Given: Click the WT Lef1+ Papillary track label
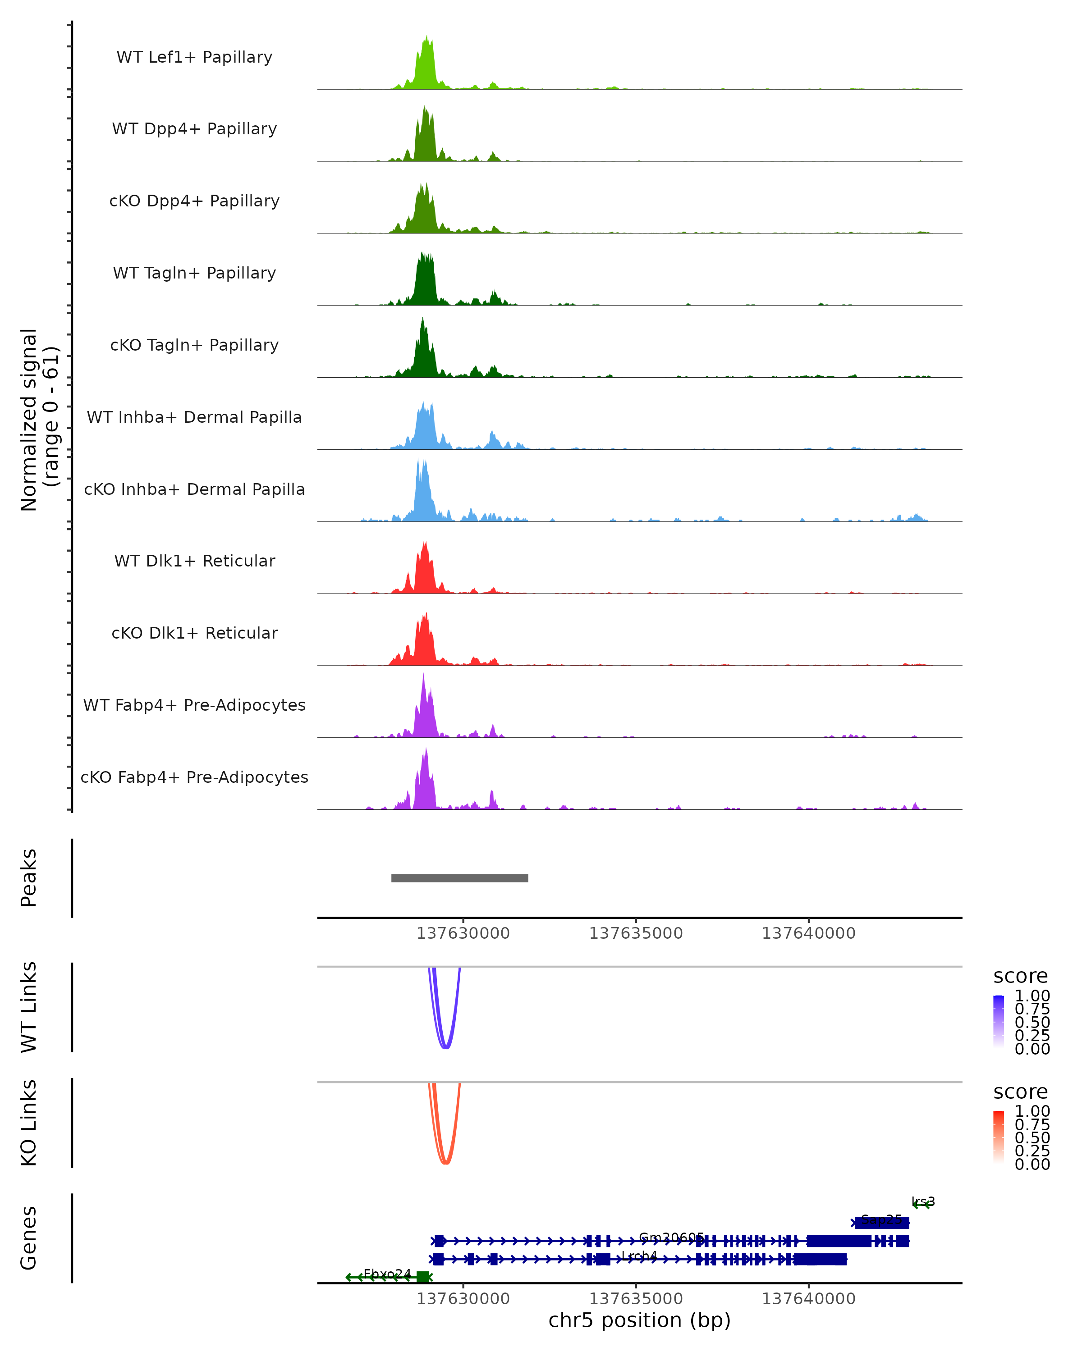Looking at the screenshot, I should click(x=194, y=57).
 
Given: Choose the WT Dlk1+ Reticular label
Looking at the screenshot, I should click(x=194, y=561).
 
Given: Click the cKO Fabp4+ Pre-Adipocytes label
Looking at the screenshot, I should click(x=194, y=777).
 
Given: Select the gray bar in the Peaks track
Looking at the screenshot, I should click(x=460, y=878).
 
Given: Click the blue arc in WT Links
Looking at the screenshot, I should click(x=445, y=1047).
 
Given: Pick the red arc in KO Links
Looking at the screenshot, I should click(x=445, y=1163).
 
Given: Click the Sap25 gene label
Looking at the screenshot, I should click(x=881, y=1220).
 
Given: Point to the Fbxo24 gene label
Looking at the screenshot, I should click(x=387, y=1274).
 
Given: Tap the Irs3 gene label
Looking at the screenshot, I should click(x=923, y=1201).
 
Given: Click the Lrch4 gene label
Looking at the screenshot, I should click(x=638, y=1256).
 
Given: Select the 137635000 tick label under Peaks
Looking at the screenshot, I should click(x=636, y=933).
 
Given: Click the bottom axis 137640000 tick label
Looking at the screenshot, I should click(x=808, y=1299).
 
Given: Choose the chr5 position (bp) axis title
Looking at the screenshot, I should click(x=639, y=1320).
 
